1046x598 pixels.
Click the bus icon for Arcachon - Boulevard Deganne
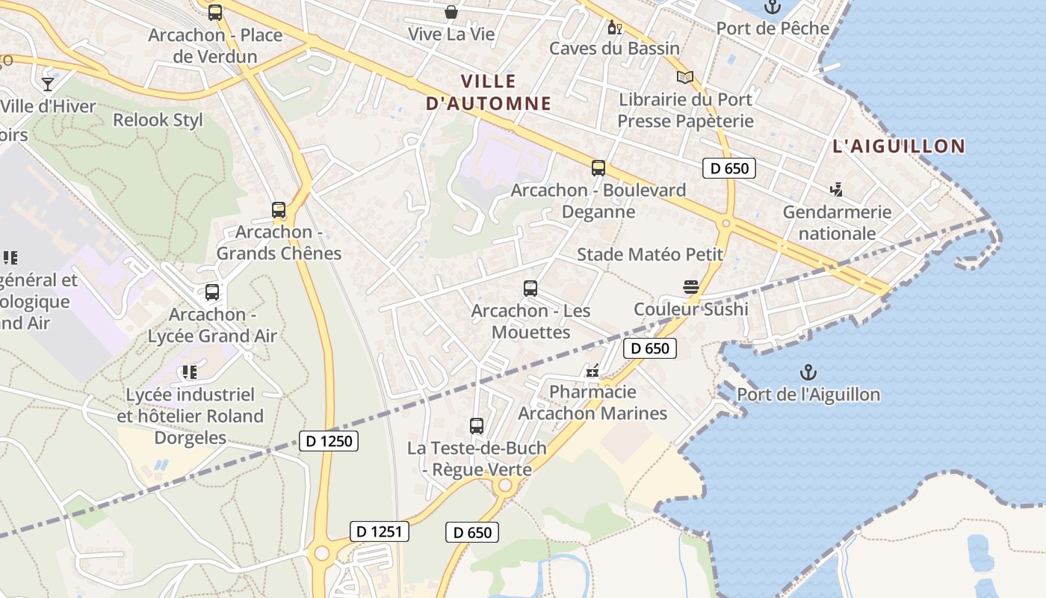pyautogui.click(x=598, y=168)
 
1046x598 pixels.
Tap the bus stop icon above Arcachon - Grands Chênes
pyautogui.click(x=279, y=210)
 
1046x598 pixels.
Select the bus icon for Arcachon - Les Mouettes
pyautogui.click(x=530, y=289)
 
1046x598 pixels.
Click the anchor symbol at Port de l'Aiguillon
pyautogui.click(x=808, y=372)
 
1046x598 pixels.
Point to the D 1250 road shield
pyautogui.click(x=329, y=441)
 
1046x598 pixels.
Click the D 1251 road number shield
pyautogui.click(x=380, y=531)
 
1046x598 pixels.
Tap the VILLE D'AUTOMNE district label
pyautogui.click(x=489, y=92)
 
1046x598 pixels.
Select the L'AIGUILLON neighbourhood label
pyautogui.click(x=899, y=147)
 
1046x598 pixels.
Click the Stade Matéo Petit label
pyautogui.click(x=650, y=254)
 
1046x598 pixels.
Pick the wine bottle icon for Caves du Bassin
pyautogui.click(x=614, y=28)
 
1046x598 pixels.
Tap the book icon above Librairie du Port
pyautogui.click(x=685, y=77)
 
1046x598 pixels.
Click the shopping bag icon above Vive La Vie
pyautogui.click(x=451, y=12)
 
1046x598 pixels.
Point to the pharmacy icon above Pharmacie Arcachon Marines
pyautogui.click(x=593, y=370)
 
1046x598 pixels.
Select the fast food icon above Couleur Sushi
pyautogui.click(x=690, y=287)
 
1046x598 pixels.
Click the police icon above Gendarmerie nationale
pyautogui.click(x=837, y=190)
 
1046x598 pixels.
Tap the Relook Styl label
pyautogui.click(x=158, y=120)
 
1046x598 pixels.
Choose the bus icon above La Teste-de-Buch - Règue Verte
pyautogui.click(x=477, y=426)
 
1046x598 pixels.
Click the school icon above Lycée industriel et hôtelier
pyautogui.click(x=189, y=372)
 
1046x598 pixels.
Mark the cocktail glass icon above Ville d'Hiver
pyautogui.click(x=48, y=84)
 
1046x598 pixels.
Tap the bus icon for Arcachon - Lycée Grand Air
pyautogui.click(x=212, y=292)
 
